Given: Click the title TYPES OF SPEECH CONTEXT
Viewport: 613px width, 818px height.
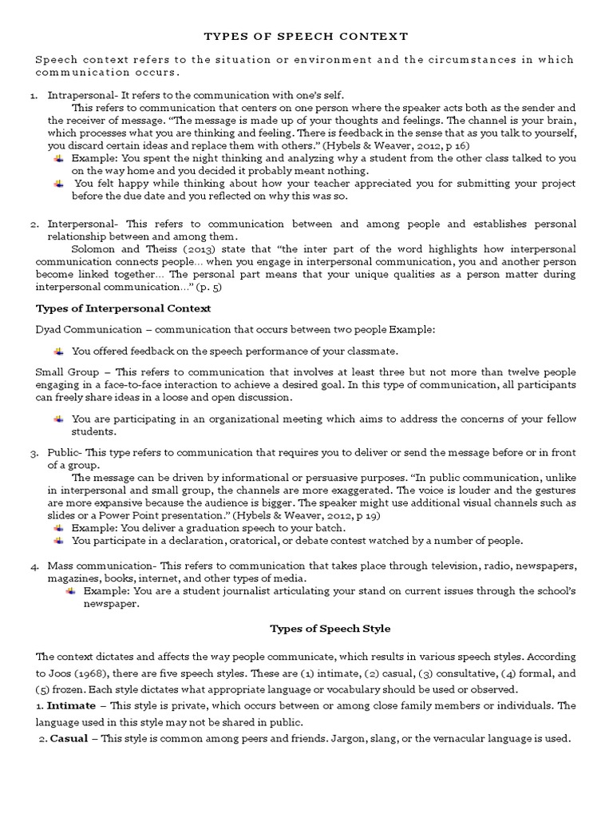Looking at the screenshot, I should [x=306, y=37].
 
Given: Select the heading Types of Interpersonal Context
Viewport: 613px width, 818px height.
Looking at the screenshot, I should [x=124, y=308].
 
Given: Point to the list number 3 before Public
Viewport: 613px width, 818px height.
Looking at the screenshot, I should [x=34, y=454].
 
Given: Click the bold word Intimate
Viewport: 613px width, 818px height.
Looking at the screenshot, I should [x=70, y=705].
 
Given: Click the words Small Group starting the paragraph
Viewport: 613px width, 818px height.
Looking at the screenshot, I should [x=67, y=372].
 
